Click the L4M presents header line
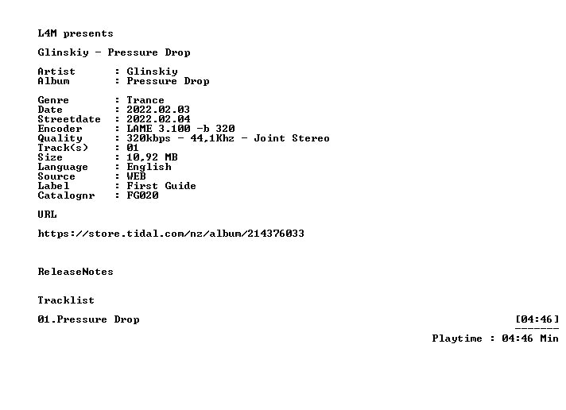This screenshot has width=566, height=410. (76, 33)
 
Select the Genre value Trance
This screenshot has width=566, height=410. (145, 100)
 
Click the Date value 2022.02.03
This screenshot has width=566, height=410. (158, 110)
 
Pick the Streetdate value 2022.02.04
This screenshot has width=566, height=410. (158, 119)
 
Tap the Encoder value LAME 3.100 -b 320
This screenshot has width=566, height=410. (180, 129)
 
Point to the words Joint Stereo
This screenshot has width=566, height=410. (292, 138)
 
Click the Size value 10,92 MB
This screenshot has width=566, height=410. (152, 157)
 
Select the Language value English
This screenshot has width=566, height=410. (149, 167)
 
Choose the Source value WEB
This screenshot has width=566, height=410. (136, 176)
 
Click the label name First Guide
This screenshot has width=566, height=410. (161, 186)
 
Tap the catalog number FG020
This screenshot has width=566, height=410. (142, 195)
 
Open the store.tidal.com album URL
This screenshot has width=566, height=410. (171, 234)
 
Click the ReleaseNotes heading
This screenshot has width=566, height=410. (76, 272)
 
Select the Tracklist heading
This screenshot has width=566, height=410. (66, 300)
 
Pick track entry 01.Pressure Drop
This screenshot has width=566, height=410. (88, 319)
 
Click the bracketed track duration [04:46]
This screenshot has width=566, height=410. (537, 319)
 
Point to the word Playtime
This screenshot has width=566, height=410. (457, 338)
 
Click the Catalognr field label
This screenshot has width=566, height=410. (66, 195)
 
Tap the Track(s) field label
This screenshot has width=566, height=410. (63, 148)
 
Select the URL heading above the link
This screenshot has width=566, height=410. (47, 215)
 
